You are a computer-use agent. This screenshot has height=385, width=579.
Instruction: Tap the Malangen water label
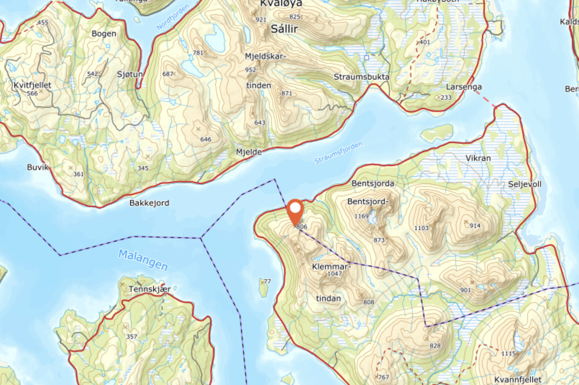143,260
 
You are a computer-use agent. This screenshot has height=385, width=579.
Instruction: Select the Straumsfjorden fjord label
338,153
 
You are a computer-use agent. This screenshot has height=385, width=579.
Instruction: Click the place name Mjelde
249,152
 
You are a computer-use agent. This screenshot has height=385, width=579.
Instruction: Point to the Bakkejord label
149,203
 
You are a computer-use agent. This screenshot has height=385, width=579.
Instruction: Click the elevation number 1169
361,216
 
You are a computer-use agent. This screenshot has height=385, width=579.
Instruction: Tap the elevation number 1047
334,274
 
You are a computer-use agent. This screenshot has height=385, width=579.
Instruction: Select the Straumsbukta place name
361,77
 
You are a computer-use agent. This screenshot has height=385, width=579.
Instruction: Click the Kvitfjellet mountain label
32,85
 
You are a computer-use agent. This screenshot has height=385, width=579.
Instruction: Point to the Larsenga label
464,87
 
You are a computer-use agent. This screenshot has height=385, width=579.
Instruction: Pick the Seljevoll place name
524,184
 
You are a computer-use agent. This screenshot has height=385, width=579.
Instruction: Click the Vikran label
478,158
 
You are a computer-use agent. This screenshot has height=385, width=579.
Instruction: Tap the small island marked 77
263,288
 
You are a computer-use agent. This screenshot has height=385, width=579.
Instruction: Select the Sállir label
286,29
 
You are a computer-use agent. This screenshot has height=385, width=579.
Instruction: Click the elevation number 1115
508,353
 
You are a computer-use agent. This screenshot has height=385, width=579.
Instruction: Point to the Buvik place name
38,167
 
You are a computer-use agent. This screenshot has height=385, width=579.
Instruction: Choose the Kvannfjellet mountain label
517,379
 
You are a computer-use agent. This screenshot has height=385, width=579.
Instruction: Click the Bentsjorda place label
373,183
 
